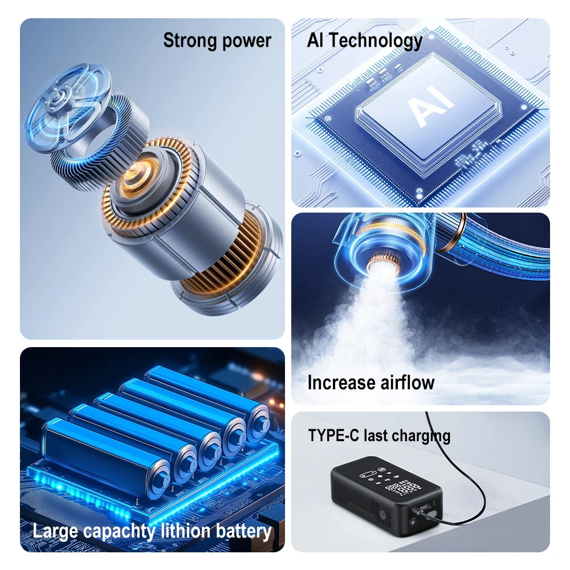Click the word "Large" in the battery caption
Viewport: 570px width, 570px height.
click(x=56, y=531)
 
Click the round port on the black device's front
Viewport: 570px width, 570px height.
click(x=412, y=522)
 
